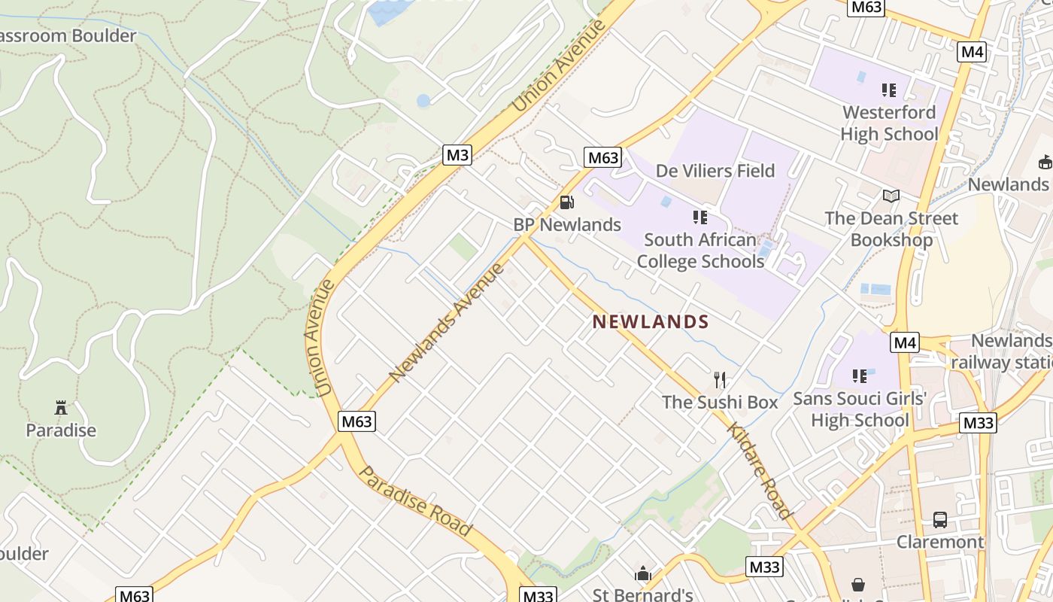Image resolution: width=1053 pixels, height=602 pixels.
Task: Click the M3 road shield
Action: pos(457,155)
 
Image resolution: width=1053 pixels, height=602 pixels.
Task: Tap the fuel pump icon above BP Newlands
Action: pos(566,202)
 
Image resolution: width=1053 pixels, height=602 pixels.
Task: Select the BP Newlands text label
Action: pos(567,224)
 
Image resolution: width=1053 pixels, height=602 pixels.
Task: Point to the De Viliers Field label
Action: pos(715,171)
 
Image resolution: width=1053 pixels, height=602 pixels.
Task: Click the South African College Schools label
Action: pos(700,251)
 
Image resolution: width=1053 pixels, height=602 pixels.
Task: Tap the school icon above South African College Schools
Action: pos(700,217)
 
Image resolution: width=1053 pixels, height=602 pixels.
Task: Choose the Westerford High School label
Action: pos(889,123)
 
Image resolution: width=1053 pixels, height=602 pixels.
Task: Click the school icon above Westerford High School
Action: pos(889,90)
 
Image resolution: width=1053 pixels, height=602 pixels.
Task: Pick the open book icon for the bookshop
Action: pos(891,196)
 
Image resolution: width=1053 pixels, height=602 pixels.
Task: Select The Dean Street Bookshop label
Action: pos(891,229)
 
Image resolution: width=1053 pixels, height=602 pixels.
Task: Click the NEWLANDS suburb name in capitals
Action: pos(651,322)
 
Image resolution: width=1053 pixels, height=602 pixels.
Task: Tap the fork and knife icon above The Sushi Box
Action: pos(720,379)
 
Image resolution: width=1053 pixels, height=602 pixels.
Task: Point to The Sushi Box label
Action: pos(720,403)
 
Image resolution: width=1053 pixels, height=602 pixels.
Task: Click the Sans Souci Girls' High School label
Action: pos(860,409)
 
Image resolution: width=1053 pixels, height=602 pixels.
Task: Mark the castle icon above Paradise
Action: pos(61,408)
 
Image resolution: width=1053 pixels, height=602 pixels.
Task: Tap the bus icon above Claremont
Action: pos(940,519)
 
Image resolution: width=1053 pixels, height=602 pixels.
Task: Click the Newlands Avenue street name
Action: pos(446,322)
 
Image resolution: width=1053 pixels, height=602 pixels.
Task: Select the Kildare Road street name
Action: pos(760,471)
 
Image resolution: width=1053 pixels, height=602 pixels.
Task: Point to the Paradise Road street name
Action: pos(415,501)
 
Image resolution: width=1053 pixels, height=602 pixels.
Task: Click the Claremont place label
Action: pos(940,542)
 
